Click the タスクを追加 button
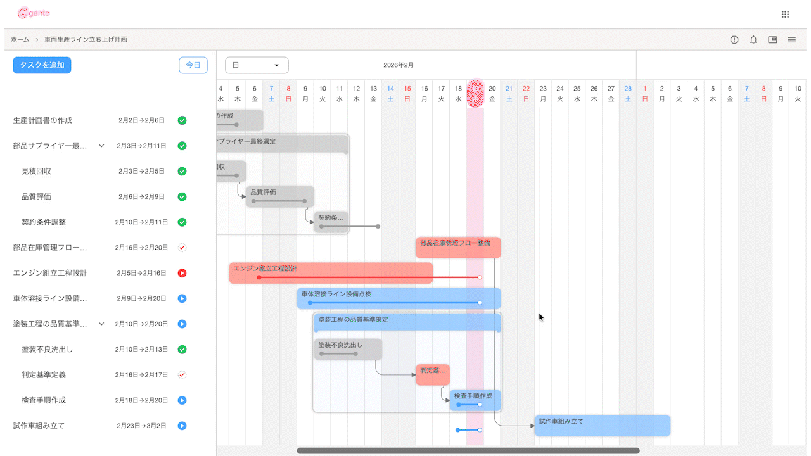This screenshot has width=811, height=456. pyautogui.click(x=42, y=65)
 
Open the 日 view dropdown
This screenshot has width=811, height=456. pyautogui.click(x=257, y=65)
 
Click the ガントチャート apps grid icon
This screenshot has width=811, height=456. pyautogui.click(x=785, y=14)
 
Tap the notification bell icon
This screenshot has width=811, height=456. pyautogui.click(x=753, y=40)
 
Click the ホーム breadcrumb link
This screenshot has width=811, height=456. pyautogui.click(x=20, y=39)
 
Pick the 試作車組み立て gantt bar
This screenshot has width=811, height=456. pyautogui.click(x=602, y=425)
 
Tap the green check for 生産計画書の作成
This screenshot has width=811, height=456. pyautogui.click(x=182, y=120)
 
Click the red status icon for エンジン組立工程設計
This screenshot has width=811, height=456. pyautogui.click(x=182, y=273)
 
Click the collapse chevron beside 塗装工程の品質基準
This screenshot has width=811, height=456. pyautogui.click(x=101, y=324)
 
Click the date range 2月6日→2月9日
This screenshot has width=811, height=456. pyautogui.click(x=141, y=196)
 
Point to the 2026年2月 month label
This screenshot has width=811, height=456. pyautogui.click(x=399, y=65)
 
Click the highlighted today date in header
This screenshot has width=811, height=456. pyautogui.click(x=475, y=93)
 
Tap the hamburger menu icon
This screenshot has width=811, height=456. pyautogui.click(x=791, y=40)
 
